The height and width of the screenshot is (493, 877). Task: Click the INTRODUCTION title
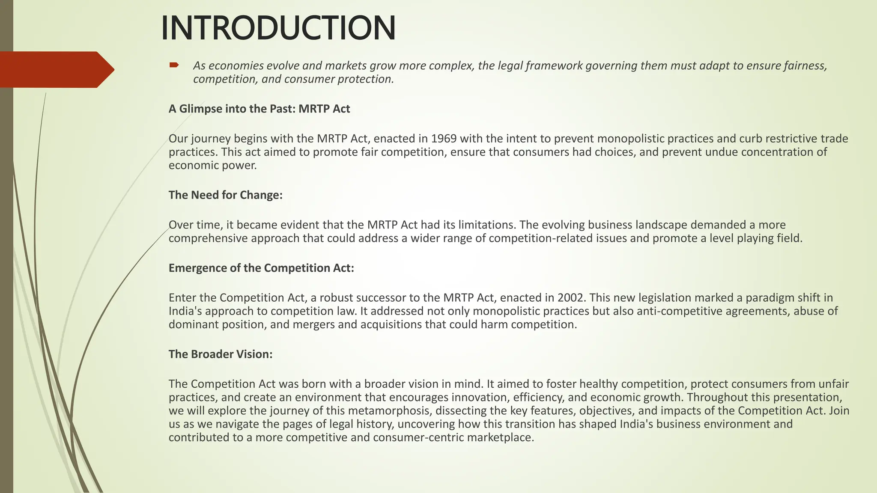pyautogui.click(x=278, y=28)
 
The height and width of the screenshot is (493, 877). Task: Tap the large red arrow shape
pyautogui.click(x=56, y=69)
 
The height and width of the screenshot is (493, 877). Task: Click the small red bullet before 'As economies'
pyautogui.click(x=174, y=65)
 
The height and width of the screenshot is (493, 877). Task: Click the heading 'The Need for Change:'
pyautogui.click(x=225, y=195)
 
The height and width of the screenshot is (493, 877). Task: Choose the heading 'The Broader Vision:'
pyautogui.click(x=221, y=354)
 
